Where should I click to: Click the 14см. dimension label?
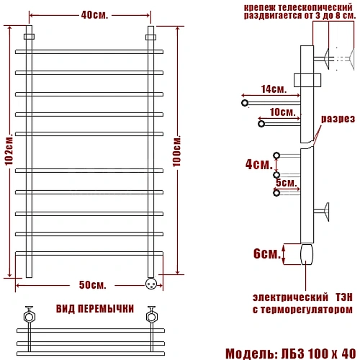click(272, 89)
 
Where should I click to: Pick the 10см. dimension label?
click(282, 112)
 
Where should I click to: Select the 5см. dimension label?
click(286, 183)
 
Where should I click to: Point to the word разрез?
click(338, 119)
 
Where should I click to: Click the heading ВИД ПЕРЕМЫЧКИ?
click(94, 309)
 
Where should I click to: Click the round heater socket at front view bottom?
click(150, 284)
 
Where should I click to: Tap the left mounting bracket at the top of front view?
click(30, 36)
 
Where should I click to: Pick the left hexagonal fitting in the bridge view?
click(30, 315)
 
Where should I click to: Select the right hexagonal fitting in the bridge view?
click(152, 315)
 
